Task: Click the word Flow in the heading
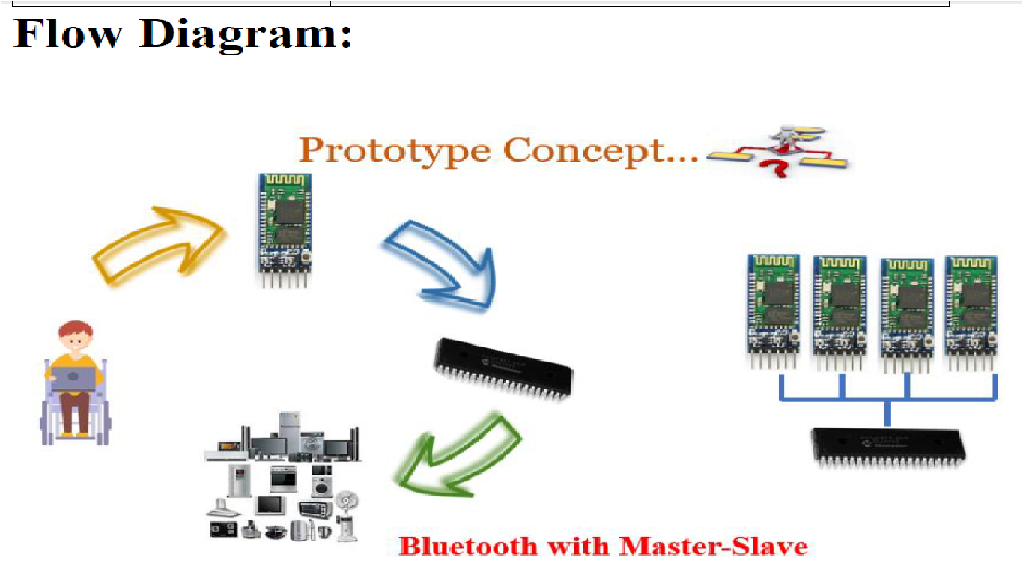(68, 34)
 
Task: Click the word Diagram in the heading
(245, 36)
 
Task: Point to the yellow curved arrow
(160, 245)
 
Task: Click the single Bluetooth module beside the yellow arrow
(285, 230)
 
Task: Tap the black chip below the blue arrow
(503, 369)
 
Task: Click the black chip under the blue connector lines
(887, 448)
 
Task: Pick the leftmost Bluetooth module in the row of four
(773, 311)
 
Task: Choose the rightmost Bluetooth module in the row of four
(971, 313)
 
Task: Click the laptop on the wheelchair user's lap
(73, 379)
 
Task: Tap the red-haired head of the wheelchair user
(76, 336)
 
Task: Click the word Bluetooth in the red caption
(467, 547)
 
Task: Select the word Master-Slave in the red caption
(714, 547)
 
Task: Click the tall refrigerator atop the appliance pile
(290, 432)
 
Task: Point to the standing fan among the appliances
(347, 516)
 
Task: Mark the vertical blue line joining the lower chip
(887, 414)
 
